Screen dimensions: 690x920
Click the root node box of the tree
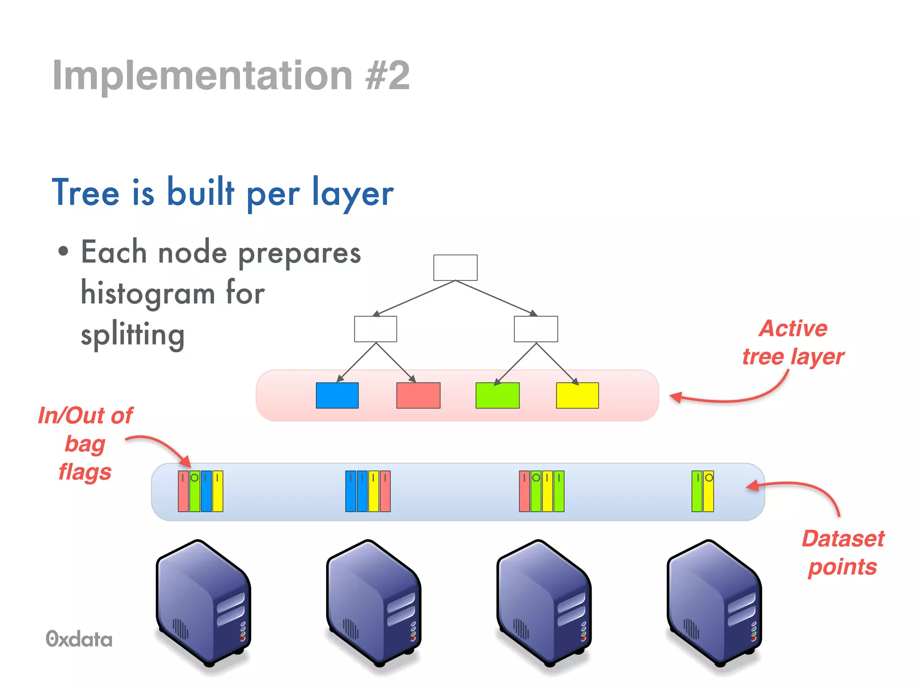(x=455, y=268)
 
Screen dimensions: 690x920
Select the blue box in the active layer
(x=337, y=395)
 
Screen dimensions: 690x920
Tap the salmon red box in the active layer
(x=418, y=395)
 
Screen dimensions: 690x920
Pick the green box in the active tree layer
(x=497, y=395)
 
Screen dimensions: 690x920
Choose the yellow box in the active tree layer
(x=577, y=395)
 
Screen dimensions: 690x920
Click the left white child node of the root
(x=376, y=329)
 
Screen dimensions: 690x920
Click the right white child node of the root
(x=536, y=329)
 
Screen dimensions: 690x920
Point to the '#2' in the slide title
(x=387, y=75)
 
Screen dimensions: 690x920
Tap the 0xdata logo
(x=79, y=639)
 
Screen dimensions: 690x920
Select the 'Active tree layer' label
(x=793, y=342)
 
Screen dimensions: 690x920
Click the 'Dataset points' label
(x=843, y=553)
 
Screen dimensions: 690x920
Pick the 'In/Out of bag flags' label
(x=85, y=443)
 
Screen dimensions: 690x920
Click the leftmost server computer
(x=203, y=604)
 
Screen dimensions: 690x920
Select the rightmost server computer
(x=714, y=604)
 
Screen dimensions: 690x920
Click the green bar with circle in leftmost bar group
(x=195, y=491)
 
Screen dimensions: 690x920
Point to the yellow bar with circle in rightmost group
(x=708, y=491)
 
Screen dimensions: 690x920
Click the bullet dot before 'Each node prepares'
(x=63, y=252)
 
